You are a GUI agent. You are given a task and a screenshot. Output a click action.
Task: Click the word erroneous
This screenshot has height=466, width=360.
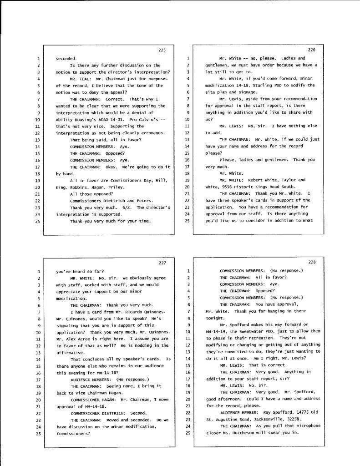click(151, 132)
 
